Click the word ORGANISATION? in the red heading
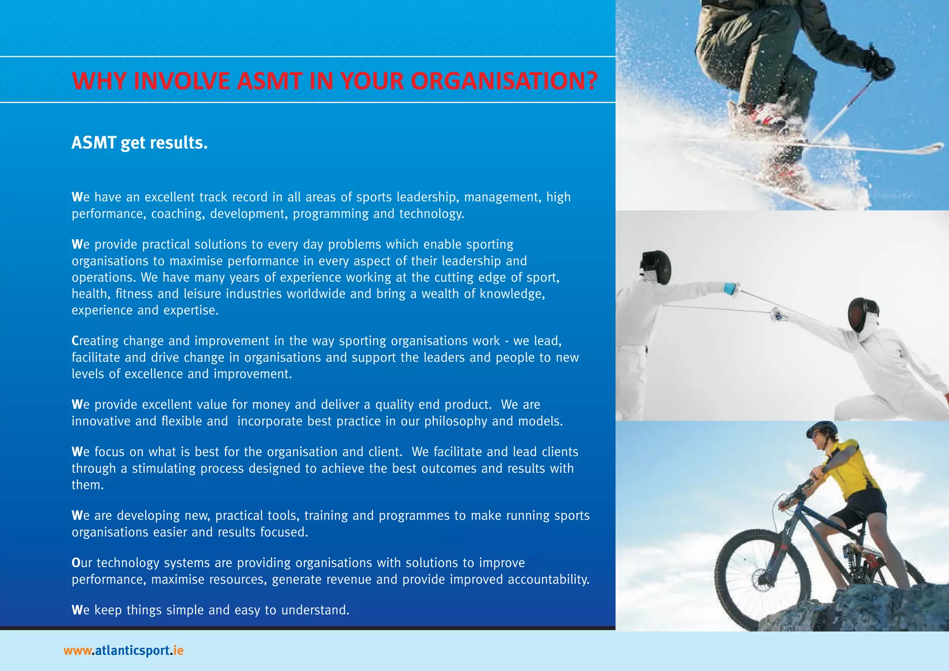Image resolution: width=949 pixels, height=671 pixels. [x=504, y=81]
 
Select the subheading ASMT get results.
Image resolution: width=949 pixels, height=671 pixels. [x=139, y=143]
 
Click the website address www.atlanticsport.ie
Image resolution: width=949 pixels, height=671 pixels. [x=124, y=651]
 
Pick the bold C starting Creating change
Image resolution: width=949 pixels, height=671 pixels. [x=76, y=341]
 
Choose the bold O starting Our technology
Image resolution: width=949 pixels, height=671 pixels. [x=76, y=563]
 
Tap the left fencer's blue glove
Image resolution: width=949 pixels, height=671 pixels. [x=731, y=288]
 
